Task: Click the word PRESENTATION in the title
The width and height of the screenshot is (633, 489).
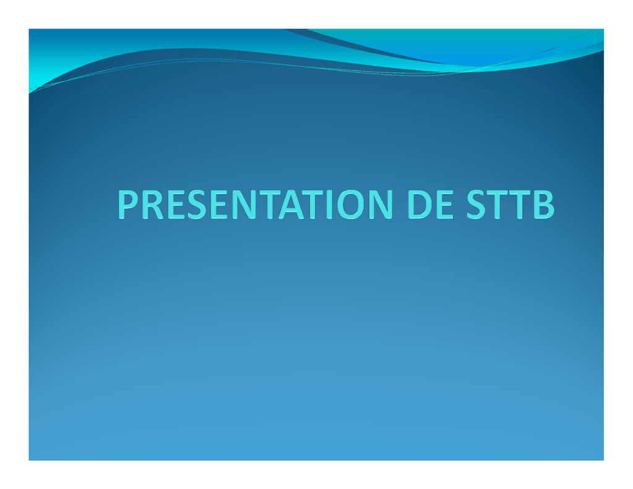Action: tap(255, 205)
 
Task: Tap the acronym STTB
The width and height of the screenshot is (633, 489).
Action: tap(510, 205)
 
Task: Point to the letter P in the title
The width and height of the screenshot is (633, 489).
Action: tap(129, 205)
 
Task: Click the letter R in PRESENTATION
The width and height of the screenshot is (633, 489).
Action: tap(153, 205)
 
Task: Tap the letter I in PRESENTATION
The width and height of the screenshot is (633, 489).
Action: tap(329, 205)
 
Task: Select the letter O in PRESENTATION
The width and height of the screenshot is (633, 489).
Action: tap(351, 205)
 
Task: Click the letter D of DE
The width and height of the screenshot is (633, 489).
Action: tap(420, 205)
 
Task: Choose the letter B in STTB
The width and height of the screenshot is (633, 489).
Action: tap(544, 205)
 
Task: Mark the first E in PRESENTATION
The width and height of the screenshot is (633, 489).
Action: tap(175, 205)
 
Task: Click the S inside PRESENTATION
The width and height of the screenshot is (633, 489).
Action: tap(197, 205)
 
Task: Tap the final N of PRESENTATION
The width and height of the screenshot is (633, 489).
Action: tap(381, 205)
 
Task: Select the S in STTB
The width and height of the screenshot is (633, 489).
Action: tap(477, 205)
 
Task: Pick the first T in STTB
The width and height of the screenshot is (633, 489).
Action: tap(498, 205)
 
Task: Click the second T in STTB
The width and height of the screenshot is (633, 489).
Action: tap(520, 205)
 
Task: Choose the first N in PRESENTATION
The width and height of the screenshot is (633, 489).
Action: tap(244, 205)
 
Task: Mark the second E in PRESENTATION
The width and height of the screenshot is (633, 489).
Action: tap(219, 205)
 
